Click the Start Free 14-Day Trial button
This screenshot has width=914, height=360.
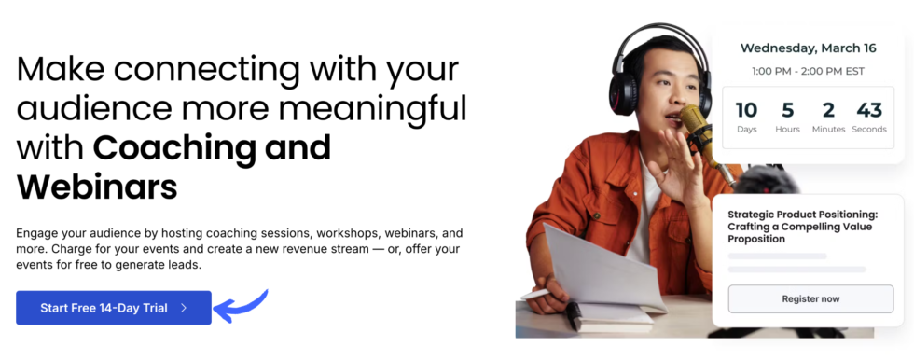[x=114, y=308]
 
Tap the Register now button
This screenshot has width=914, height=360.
[x=810, y=298]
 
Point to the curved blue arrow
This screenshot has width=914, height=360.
[x=241, y=306]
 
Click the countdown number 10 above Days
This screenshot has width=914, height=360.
[x=747, y=108]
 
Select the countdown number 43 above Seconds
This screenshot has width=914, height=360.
[x=868, y=108]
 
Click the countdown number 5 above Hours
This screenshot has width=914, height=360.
[x=787, y=108]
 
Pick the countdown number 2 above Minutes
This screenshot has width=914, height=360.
[x=827, y=108]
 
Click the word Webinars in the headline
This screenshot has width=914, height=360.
[x=97, y=187]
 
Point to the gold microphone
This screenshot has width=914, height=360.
[x=695, y=121]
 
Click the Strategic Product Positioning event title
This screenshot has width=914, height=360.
[x=802, y=227]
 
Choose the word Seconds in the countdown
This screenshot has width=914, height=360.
[x=868, y=130]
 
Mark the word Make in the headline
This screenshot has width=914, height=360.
[x=62, y=68]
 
